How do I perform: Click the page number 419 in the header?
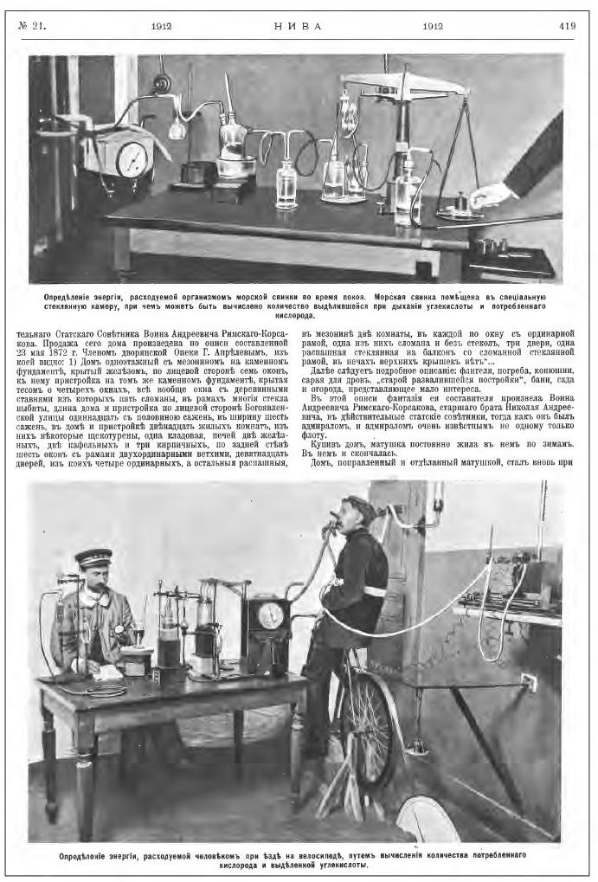point(567,26)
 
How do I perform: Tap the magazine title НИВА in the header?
point(298,26)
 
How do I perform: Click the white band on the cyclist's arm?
point(375,590)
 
